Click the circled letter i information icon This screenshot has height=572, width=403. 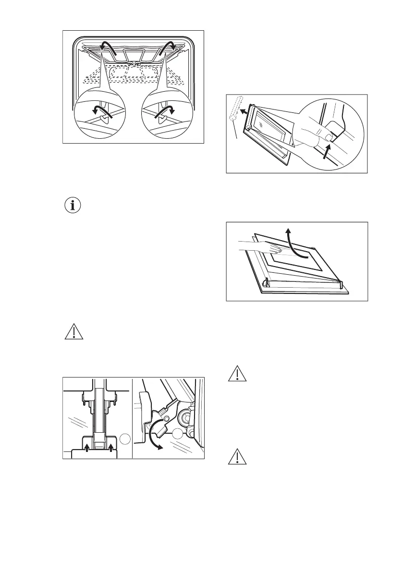pyautogui.click(x=73, y=206)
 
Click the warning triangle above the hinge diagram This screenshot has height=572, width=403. pyautogui.click(x=73, y=333)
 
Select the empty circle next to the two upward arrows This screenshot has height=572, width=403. pyautogui.click(x=125, y=438)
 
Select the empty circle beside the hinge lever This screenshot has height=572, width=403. pyautogui.click(x=178, y=435)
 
